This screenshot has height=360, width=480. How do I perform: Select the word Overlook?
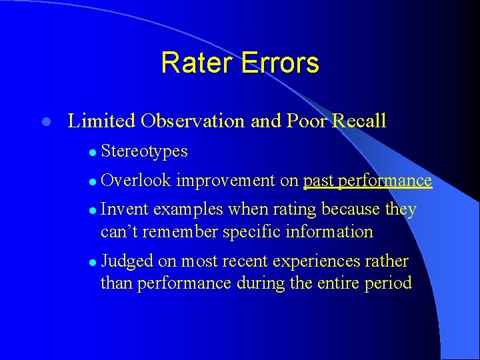pyautogui.click(x=137, y=181)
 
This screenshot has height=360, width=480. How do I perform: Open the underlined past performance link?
pyautogui.click(x=367, y=181)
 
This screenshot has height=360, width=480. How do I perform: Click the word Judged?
pyautogui.click(x=125, y=261)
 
